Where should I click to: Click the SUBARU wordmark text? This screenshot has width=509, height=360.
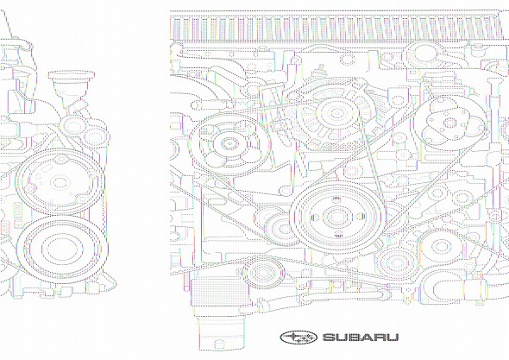(361, 338)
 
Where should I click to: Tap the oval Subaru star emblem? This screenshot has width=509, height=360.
(298, 338)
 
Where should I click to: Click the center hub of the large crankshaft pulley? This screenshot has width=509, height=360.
(337, 217)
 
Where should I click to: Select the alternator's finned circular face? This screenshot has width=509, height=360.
(336, 114)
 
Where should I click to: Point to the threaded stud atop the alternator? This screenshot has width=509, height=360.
(322, 68)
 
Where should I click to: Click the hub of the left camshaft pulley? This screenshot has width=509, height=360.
(229, 143)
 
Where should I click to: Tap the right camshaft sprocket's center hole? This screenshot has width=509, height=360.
(450, 123)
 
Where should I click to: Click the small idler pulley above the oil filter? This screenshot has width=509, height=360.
(264, 272)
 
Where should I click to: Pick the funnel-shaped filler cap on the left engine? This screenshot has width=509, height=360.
(72, 85)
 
